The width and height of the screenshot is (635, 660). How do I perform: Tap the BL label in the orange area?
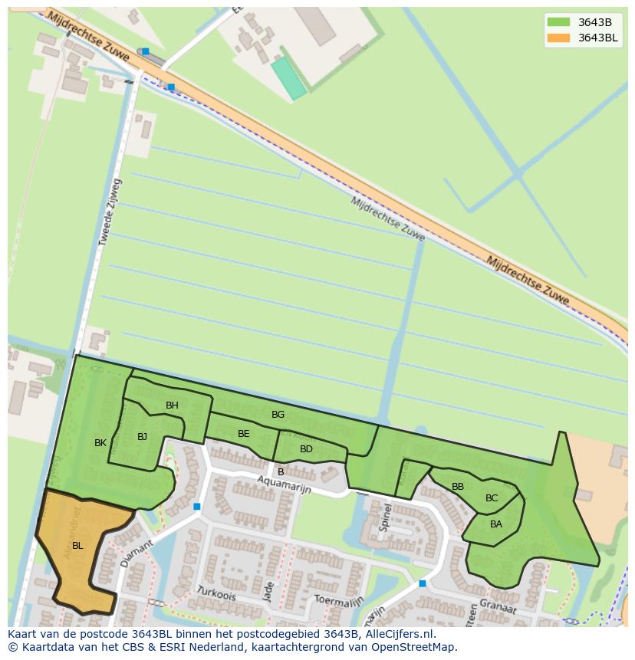pyautogui.click(x=77, y=546)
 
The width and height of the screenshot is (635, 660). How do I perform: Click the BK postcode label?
pyautogui.click(x=100, y=443)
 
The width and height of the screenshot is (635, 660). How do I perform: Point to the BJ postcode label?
pyautogui.click(x=142, y=437)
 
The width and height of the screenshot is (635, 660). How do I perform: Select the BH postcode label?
pyautogui.click(x=172, y=406)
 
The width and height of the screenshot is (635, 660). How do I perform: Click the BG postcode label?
pyautogui.click(x=278, y=415)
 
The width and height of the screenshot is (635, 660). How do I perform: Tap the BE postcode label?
pyautogui.click(x=243, y=434)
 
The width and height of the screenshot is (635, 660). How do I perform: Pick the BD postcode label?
pyautogui.click(x=306, y=449)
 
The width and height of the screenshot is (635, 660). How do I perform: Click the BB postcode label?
pyautogui.click(x=458, y=487)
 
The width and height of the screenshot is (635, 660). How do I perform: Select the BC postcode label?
pyautogui.click(x=492, y=498)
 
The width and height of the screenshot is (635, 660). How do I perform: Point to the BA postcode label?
pyautogui.click(x=496, y=524)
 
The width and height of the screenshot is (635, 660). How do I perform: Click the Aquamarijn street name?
pyautogui.click(x=284, y=484)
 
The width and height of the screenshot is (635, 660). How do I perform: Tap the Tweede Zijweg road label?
pyautogui.click(x=110, y=212)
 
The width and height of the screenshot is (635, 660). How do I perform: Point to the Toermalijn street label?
pyautogui.click(x=338, y=600)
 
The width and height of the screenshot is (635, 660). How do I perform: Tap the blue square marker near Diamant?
pyautogui.click(x=197, y=507)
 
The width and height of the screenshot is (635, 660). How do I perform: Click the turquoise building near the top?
pyautogui.click(x=289, y=78)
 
